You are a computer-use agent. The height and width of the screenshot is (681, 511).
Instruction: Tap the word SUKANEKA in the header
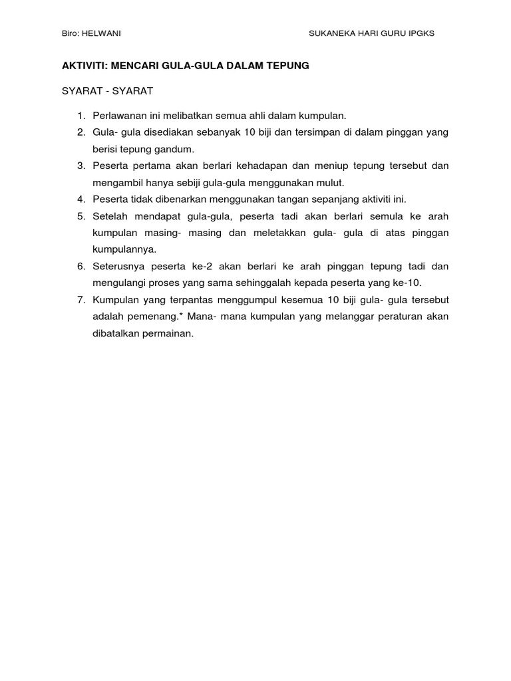point(332,33)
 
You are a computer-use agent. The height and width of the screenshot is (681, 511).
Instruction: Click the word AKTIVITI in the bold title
point(83,66)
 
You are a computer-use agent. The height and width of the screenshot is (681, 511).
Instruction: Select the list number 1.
point(81,115)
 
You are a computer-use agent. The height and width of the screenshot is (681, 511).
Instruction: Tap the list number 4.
point(81,199)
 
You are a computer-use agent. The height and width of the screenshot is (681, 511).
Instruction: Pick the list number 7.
point(81,300)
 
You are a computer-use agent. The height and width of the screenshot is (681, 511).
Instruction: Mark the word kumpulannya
point(124,249)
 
